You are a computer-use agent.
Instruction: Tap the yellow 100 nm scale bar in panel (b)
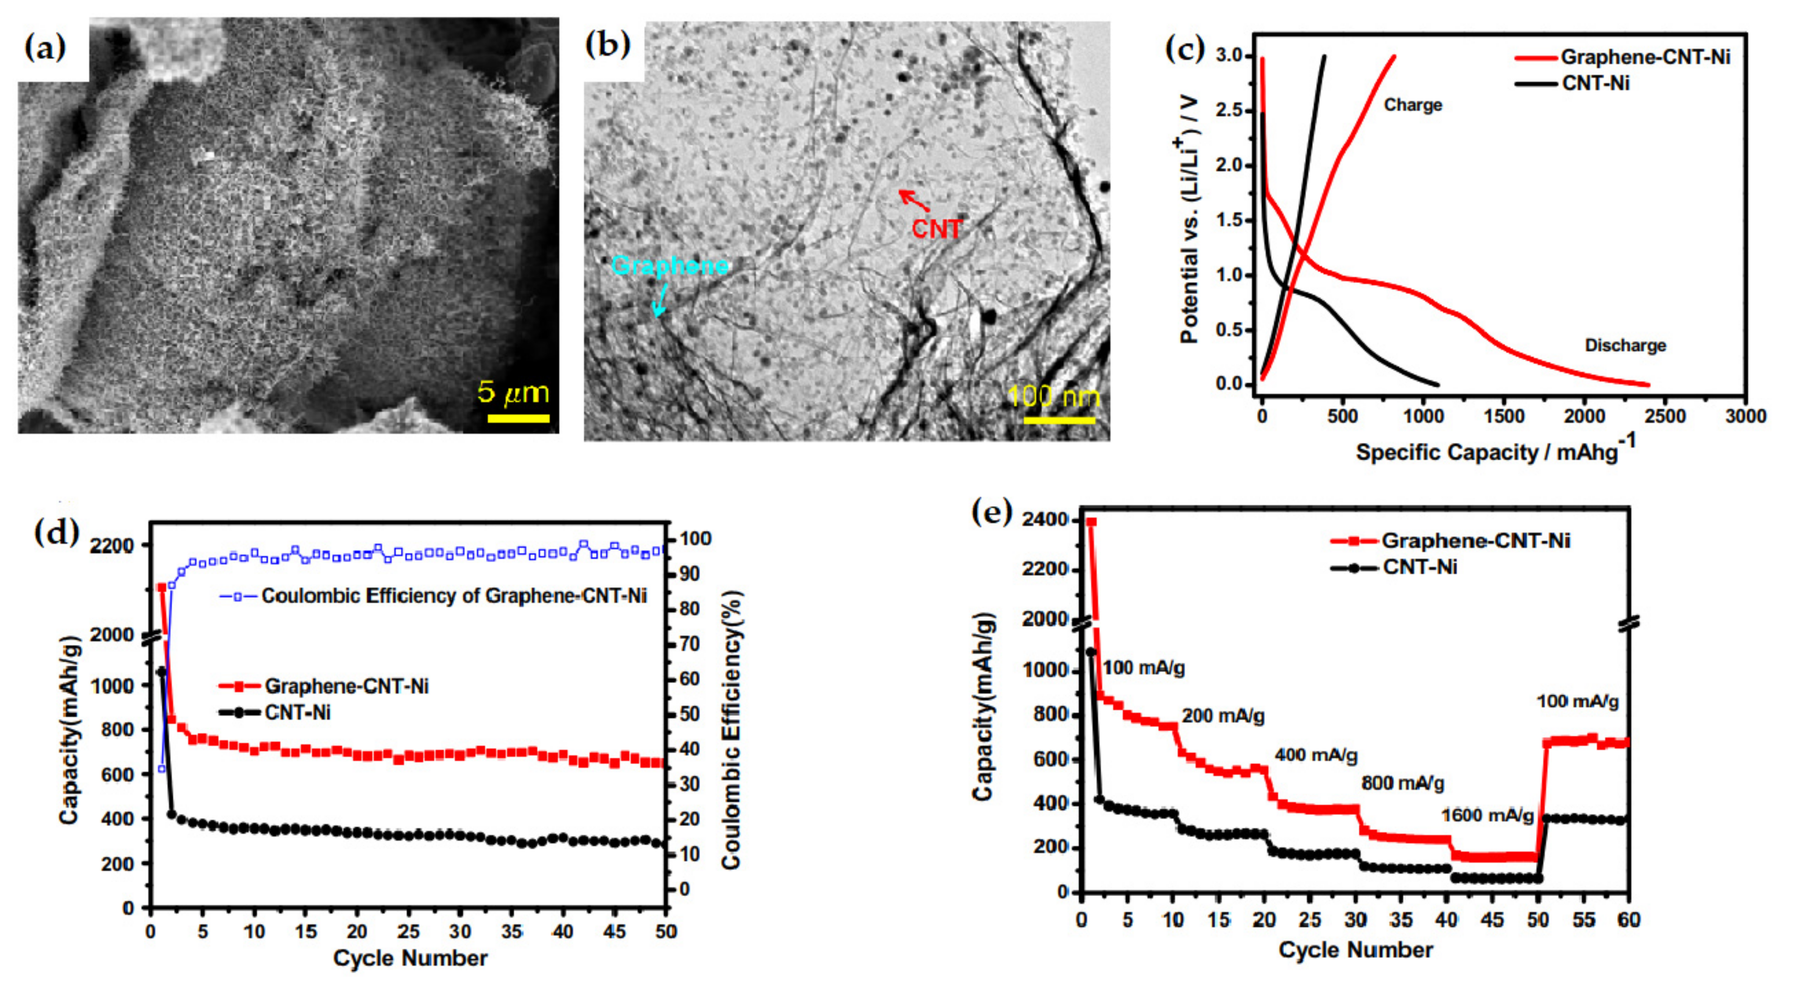1058,420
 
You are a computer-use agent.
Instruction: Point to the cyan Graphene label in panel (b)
670,265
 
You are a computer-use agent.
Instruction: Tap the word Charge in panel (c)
1412,105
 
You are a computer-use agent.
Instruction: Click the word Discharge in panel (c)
1625,345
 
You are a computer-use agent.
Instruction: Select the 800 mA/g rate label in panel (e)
1402,783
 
